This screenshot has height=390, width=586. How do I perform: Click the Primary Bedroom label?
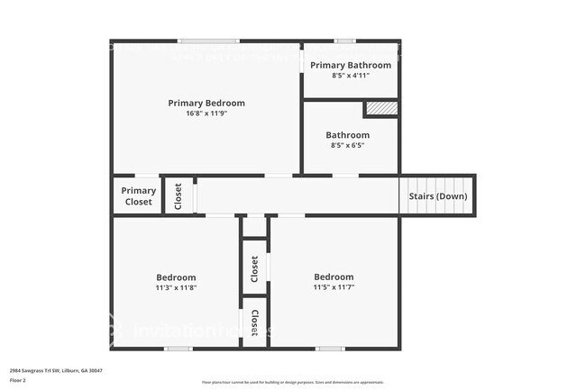206,103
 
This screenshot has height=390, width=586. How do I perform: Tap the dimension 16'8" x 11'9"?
206,113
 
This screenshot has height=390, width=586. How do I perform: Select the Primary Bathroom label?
351,65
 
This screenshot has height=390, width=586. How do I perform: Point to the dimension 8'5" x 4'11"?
351,76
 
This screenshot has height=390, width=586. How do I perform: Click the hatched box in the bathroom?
381,109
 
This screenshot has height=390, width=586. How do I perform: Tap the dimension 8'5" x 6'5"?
348,145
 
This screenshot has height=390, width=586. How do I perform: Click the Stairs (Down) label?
438,195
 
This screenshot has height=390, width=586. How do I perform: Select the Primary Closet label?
139,195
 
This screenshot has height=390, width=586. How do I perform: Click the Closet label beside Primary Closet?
179,195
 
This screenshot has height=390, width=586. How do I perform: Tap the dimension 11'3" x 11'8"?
176,287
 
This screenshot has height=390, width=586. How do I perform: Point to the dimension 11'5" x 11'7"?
334,287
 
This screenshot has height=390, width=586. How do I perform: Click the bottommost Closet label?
256,321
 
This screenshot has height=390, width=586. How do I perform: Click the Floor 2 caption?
18,380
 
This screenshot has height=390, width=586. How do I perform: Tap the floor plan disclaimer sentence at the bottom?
292,382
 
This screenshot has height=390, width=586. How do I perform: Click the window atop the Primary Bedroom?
207,41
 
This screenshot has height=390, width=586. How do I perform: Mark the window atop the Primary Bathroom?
344,41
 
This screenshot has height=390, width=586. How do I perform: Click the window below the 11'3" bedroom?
178,349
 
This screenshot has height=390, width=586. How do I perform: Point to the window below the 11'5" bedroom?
330,349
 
